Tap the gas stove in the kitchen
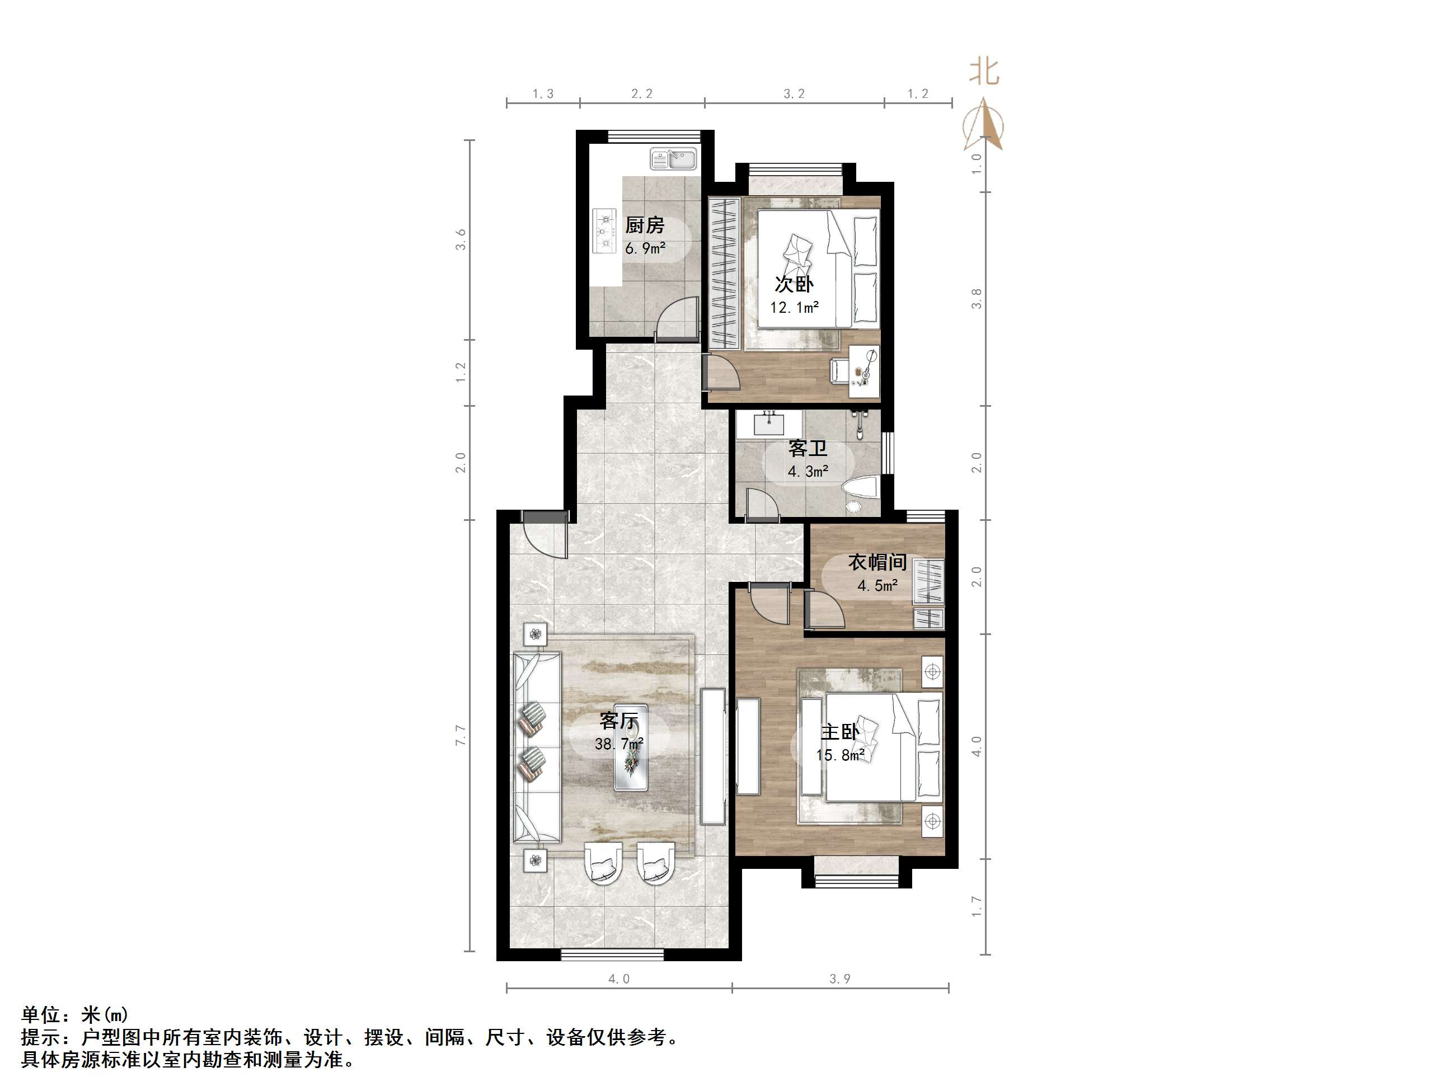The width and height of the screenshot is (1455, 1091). [x=604, y=230]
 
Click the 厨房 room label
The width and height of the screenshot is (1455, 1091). [x=644, y=225]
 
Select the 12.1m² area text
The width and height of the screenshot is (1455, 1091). [x=794, y=307]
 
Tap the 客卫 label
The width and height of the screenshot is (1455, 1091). [x=808, y=449]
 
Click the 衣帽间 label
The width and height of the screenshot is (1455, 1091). [x=877, y=562]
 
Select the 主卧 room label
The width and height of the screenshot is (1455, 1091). [x=840, y=732]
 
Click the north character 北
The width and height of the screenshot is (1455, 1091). [x=984, y=72]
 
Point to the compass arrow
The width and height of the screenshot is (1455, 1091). [x=984, y=125]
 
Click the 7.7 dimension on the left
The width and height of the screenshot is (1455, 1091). [x=461, y=735]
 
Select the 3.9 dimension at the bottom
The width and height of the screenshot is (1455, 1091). [x=840, y=979]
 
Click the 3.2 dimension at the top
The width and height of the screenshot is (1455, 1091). [x=794, y=94]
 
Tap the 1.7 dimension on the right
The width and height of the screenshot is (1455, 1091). [x=977, y=906]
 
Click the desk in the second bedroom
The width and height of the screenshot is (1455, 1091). [x=863, y=371]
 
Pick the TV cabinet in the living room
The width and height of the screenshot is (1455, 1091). [x=713, y=756]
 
